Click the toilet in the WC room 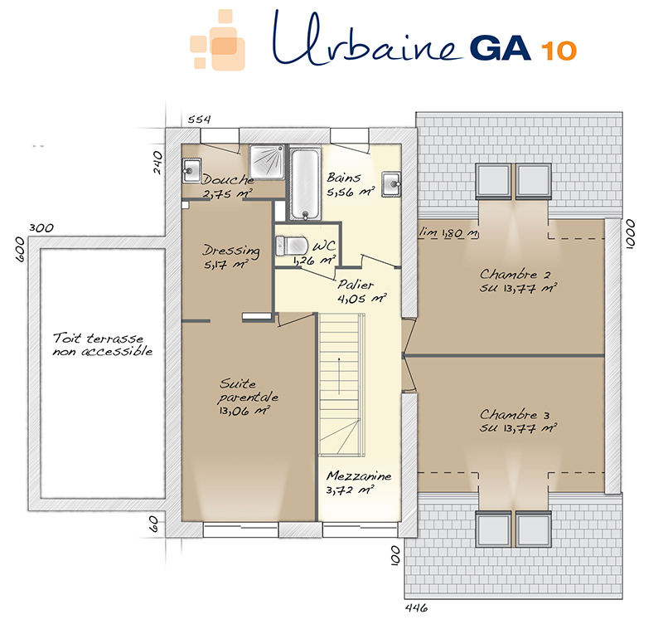coord(291,246)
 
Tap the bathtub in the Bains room coord(305,183)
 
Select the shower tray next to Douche coord(267,161)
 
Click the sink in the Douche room coord(191,170)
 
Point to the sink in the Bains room coord(391,184)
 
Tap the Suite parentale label coord(248,397)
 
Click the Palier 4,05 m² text coord(361,291)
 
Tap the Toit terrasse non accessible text coord(102,344)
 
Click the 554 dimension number coord(199,119)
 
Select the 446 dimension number coord(417,608)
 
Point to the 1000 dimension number coord(630,234)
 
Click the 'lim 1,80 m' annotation coord(448,232)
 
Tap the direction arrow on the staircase coord(339,376)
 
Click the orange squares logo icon coord(218,40)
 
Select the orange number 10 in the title coord(559,51)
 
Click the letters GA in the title coord(501,48)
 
